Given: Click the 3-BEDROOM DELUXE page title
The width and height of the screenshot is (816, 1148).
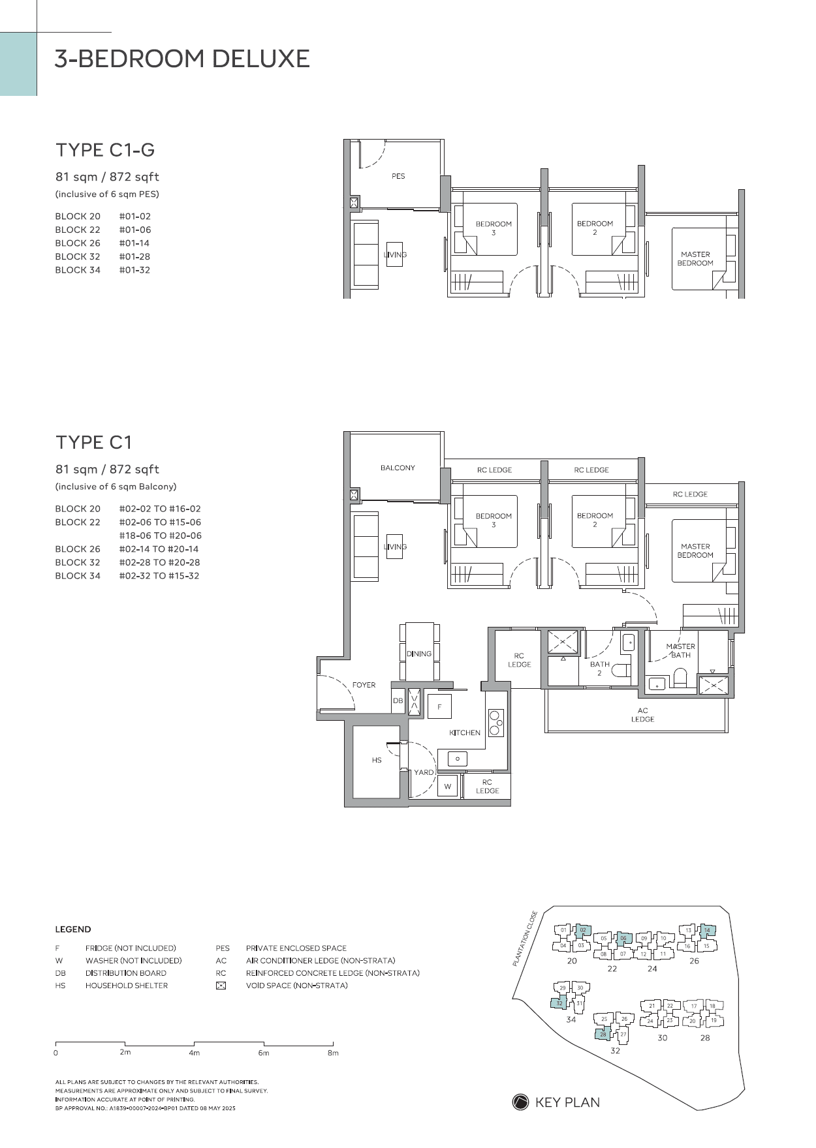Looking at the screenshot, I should click(x=182, y=59).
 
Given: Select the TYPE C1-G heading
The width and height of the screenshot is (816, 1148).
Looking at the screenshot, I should click(x=105, y=150).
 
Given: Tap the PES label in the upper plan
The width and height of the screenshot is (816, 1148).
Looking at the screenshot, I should click(x=398, y=176).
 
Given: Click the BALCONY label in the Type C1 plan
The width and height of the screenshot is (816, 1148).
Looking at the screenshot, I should click(x=398, y=468).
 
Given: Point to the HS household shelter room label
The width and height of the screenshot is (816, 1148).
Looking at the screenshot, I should click(x=377, y=760).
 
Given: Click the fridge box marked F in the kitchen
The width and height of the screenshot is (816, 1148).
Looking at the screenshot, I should click(x=439, y=707).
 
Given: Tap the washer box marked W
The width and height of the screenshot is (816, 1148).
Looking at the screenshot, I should click(x=448, y=786).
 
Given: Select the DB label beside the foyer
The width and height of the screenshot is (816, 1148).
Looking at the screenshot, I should click(x=398, y=701).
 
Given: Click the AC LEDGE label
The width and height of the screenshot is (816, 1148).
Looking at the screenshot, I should click(x=642, y=715).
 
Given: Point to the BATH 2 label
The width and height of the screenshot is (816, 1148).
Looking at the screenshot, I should click(x=599, y=669).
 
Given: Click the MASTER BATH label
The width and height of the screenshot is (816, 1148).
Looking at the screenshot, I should click(x=680, y=650).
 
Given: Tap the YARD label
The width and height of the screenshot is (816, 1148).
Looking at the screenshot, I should click(x=423, y=772).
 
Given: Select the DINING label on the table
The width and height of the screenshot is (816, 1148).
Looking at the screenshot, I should click(x=419, y=654).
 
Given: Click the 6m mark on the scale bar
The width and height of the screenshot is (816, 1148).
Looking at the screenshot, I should click(x=263, y=1052).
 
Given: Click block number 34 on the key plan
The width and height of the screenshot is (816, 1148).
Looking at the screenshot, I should click(x=571, y=1020).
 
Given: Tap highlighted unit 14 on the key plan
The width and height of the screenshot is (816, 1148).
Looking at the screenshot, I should click(x=707, y=931).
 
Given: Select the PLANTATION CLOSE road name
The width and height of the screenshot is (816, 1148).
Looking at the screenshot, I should click(x=525, y=939).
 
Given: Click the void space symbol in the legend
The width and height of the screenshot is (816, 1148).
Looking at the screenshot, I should click(x=221, y=986).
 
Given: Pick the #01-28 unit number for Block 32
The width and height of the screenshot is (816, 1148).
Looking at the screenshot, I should click(x=134, y=256).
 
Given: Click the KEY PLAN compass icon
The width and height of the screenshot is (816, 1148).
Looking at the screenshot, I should click(x=520, y=1102).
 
